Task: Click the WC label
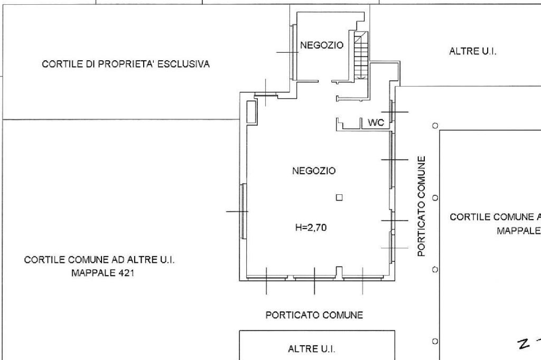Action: [x=376, y=122]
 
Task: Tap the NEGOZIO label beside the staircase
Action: [x=322, y=45]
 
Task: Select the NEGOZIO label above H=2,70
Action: [x=314, y=170]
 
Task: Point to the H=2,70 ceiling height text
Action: [x=311, y=228]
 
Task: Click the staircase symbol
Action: [x=361, y=55]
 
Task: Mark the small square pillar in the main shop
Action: [x=339, y=197]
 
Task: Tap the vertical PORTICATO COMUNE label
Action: [x=421, y=206]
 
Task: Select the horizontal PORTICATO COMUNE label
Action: [x=314, y=315]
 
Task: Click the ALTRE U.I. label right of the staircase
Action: [x=472, y=52]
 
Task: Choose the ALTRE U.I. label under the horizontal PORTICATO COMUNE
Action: [x=311, y=349]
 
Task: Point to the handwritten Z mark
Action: [x=524, y=344]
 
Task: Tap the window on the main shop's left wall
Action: [x=244, y=211]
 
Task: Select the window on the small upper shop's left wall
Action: [x=294, y=52]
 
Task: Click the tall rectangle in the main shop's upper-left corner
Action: [x=251, y=112]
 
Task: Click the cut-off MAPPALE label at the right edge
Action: [x=519, y=231]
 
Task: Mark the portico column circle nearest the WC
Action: [x=435, y=126]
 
